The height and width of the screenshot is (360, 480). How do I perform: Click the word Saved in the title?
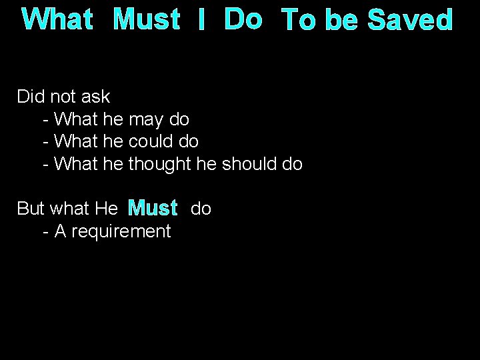coord(411,20)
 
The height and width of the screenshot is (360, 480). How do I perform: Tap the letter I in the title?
coord(201,20)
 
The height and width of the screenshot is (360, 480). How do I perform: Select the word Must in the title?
coord(147,20)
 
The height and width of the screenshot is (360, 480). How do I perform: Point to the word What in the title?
coord(57,20)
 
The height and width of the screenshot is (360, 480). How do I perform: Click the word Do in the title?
coord(243,20)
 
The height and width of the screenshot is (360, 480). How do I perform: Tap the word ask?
coord(95,97)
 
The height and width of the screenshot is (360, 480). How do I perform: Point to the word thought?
coord(160,164)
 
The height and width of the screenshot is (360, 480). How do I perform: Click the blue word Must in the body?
coord(153,209)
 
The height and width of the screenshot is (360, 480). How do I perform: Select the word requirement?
coord(120,231)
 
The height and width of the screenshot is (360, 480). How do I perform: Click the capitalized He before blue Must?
coord(107,209)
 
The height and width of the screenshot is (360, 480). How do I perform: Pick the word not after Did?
coord(63,97)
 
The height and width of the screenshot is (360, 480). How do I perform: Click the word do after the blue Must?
coord(201,209)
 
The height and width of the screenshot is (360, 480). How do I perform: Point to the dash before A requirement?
coord(45,231)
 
